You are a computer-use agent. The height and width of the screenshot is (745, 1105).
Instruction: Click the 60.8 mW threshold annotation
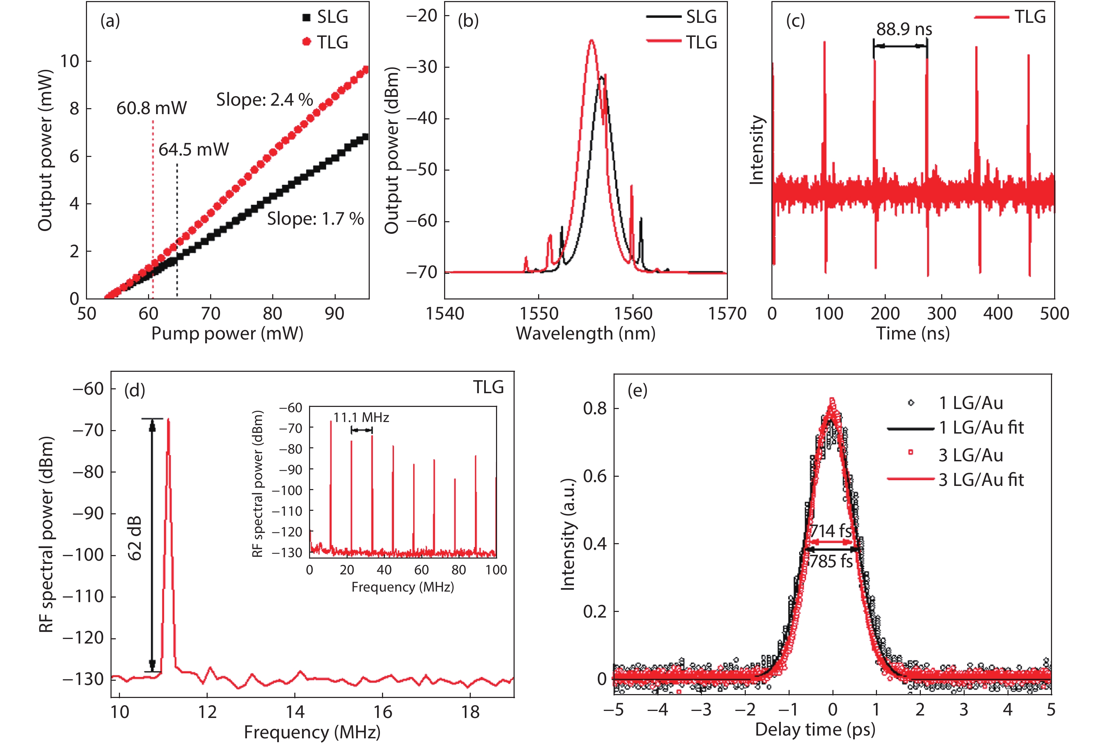click(152, 108)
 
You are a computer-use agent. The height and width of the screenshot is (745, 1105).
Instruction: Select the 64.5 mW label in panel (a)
click(194, 150)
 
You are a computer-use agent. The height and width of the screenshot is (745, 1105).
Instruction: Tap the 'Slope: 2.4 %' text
click(264, 100)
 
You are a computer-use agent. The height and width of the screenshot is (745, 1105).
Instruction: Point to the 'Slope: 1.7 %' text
click(315, 219)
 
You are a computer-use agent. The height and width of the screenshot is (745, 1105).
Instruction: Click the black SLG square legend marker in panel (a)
click(307, 18)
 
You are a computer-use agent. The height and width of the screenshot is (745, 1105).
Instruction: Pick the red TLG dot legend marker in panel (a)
click(307, 42)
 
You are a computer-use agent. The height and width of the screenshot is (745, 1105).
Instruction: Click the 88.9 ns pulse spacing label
click(904, 29)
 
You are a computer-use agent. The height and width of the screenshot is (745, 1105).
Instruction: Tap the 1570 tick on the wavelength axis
click(727, 314)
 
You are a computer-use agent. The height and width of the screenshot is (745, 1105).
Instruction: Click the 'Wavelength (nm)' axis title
click(585, 334)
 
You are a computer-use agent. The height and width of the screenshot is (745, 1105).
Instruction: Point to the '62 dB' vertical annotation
click(135, 538)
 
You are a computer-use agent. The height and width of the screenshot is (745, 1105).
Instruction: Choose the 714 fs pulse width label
click(831, 531)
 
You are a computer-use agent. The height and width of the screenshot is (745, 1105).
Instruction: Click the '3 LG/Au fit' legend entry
click(980, 480)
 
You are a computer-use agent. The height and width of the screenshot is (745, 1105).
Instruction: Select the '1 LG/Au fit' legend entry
click(980, 428)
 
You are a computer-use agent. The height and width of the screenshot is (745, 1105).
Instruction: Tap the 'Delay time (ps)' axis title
click(815, 729)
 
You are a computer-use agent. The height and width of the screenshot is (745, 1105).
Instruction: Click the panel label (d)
click(134, 390)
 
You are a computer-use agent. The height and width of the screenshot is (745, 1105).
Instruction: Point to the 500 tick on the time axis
click(1054, 314)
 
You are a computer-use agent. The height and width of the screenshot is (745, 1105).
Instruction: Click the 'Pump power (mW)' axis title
click(227, 334)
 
